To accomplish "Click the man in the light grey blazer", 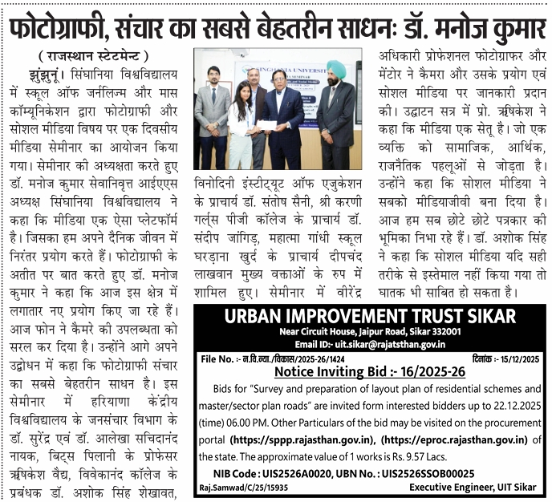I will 213,112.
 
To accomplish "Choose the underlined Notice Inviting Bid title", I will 369,372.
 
